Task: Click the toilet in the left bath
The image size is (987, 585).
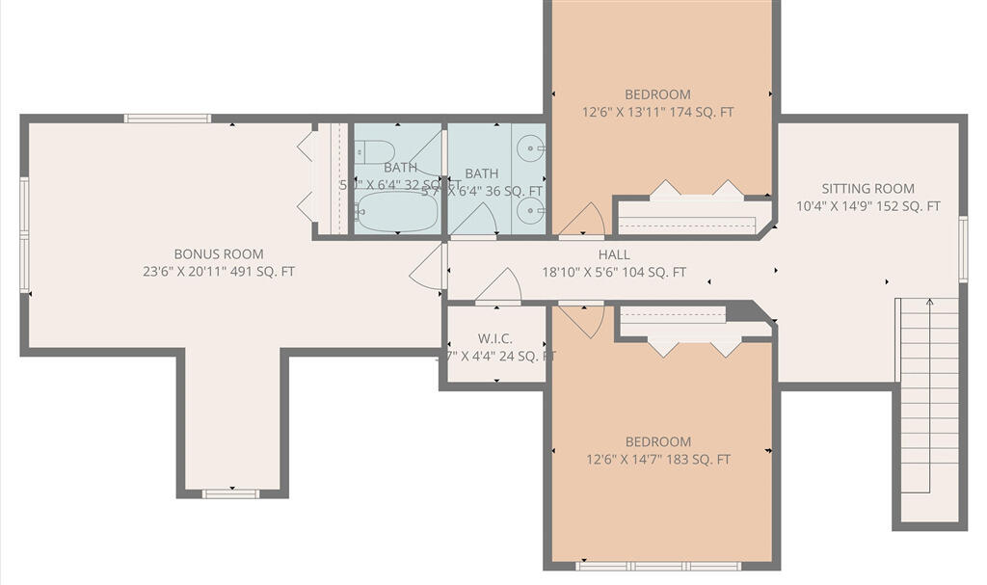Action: point(375,152)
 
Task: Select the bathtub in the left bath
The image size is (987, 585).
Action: point(396,212)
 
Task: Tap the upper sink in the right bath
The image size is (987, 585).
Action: point(530,148)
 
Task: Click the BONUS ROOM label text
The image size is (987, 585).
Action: point(218,254)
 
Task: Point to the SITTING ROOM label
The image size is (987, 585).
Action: point(867,189)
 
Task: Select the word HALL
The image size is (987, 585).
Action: point(613,255)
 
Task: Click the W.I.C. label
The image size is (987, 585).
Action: point(496,338)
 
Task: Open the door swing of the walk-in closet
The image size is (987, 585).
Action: point(498,287)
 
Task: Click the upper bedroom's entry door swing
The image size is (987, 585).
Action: point(582,221)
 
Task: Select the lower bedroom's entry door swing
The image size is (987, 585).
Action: point(582,320)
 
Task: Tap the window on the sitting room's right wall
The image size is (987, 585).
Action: point(962,249)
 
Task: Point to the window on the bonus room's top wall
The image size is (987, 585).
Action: point(168,119)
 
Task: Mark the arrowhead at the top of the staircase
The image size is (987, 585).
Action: point(929,303)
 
